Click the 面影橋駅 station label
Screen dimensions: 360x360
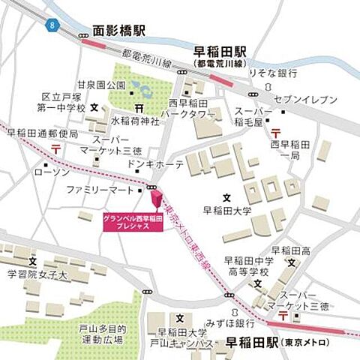click(x=118, y=32)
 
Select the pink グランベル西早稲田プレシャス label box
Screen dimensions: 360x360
click(x=132, y=223)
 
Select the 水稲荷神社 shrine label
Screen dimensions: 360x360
click(x=135, y=120)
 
